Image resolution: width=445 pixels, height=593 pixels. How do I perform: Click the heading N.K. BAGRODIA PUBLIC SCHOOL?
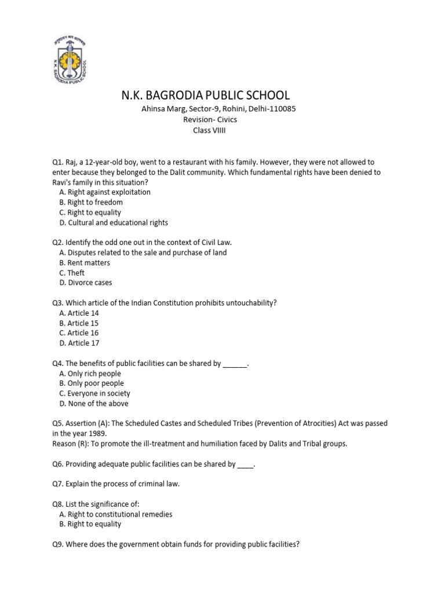(x=205, y=95)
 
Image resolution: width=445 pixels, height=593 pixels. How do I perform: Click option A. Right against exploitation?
(x=104, y=192)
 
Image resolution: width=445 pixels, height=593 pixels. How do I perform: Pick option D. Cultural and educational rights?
(x=114, y=222)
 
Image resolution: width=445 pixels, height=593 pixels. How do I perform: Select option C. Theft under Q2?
(x=72, y=273)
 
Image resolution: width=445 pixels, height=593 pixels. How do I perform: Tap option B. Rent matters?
(x=85, y=263)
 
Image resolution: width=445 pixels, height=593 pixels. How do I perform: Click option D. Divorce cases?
(x=86, y=283)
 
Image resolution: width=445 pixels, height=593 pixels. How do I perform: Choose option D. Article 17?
(x=79, y=343)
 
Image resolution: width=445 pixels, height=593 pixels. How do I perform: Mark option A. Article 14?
(x=79, y=313)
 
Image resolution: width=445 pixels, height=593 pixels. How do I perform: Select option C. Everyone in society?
(x=94, y=393)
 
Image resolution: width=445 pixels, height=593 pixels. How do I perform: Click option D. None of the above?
(x=93, y=404)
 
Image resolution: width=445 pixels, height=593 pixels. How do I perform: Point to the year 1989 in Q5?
(x=97, y=434)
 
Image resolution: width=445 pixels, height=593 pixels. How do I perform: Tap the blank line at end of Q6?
(x=246, y=464)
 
